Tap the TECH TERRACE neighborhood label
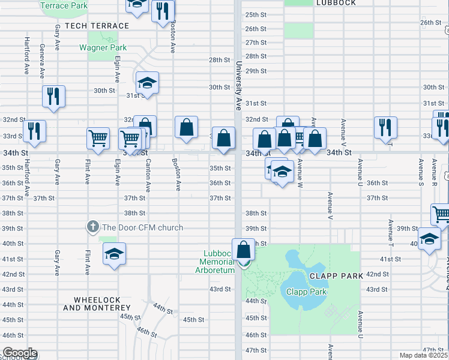coord(97,26)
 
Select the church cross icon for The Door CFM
coord(92,227)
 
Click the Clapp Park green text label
coord(306,292)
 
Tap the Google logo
coord(19,353)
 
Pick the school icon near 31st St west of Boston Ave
coord(146,83)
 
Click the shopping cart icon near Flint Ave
coord(98,139)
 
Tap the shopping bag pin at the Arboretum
coord(244,249)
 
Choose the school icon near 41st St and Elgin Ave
coord(114,254)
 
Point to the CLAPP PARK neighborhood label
coord(337,276)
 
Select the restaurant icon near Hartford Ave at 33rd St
coord(34,131)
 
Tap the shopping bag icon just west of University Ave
coord(223,138)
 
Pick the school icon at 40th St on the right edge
coord(429,239)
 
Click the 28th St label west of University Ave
coord(220,60)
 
